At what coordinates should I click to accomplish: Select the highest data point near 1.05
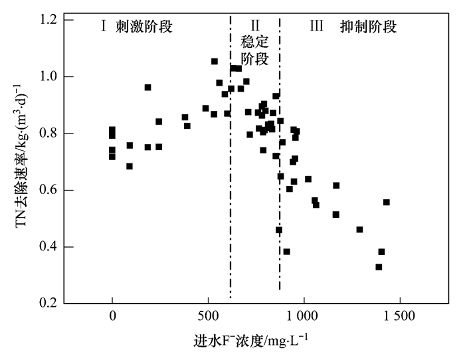[215, 61]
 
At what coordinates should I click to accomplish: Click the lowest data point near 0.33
[379, 267]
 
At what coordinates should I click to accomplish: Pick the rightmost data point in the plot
[386, 202]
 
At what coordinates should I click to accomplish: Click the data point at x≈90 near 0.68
[130, 166]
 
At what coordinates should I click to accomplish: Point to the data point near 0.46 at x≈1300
[359, 230]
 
